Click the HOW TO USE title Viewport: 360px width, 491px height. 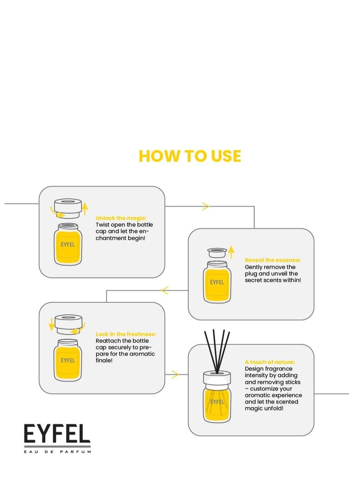(x=190, y=156)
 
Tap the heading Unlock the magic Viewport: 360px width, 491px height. (x=121, y=218)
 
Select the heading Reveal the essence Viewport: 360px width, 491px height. (x=272, y=260)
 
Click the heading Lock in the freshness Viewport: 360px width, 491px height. (x=126, y=334)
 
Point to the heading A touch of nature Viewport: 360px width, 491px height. (x=270, y=362)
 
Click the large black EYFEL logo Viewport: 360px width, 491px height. (x=57, y=433)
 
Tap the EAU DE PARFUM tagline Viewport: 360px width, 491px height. (x=58, y=451)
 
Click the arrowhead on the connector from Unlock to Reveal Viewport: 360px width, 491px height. (x=206, y=207)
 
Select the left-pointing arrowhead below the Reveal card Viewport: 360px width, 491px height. (x=165, y=290)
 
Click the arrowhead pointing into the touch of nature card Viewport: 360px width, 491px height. (x=175, y=374)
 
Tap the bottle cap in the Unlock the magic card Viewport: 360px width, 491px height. (x=68, y=208)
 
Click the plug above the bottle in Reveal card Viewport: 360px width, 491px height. (x=217, y=252)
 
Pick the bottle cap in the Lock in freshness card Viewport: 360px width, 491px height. (x=68, y=324)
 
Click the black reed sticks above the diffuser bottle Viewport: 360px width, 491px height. (x=217, y=351)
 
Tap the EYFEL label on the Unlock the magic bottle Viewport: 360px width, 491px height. (x=67, y=244)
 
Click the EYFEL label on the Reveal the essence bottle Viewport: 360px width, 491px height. (x=217, y=282)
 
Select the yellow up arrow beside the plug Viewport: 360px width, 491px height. (x=231, y=252)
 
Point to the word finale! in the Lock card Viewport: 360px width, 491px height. (x=104, y=360)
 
